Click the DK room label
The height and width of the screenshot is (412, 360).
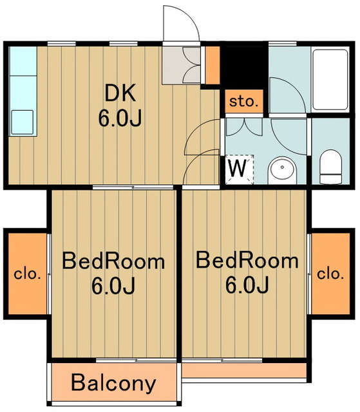(120, 93)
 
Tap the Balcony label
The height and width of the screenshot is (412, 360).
(113, 384)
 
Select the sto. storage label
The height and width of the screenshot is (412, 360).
(243, 102)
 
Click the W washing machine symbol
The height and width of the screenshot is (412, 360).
(238, 168)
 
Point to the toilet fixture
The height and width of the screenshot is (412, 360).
(330, 167)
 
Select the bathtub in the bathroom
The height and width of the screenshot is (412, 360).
(330, 80)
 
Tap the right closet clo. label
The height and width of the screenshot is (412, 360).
(330, 274)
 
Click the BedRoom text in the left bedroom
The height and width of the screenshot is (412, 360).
(113, 261)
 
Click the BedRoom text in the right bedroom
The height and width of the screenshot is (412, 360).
(247, 261)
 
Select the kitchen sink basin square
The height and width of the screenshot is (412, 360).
(23, 122)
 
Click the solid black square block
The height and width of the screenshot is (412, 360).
(243, 66)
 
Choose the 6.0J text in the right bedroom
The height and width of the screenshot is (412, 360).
(247, 285)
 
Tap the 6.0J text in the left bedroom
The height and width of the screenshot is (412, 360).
(113, 285)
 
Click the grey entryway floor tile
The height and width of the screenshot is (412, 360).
(181, 66)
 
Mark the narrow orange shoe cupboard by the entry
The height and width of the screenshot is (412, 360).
(213, 66)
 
